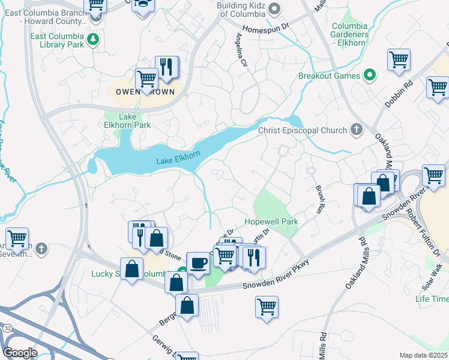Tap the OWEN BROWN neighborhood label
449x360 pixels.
point(141,92)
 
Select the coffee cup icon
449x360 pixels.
point(198,263)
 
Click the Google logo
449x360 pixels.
point(20,353)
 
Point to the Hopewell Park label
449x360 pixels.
point(271,221)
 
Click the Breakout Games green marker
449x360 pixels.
point(370,76)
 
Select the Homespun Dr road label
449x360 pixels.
point(266,29)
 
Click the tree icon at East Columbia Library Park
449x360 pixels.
point(92,40)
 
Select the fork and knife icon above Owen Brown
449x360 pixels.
point(166,67)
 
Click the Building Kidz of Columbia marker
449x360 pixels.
point(275,8)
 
